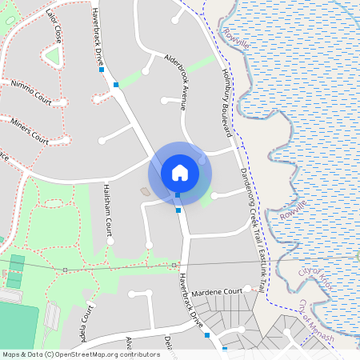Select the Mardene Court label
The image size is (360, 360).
pyautogui.click(x=216, y=292)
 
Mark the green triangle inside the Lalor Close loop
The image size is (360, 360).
pyautogui.click(x=54, y=56)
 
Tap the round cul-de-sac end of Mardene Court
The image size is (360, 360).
pyautogui.click(x=248, y=288)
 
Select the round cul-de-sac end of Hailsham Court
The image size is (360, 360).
pyautogui.click(x=111, y=240)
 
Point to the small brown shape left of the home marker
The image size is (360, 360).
pyautogui.click(x=144, y=191)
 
